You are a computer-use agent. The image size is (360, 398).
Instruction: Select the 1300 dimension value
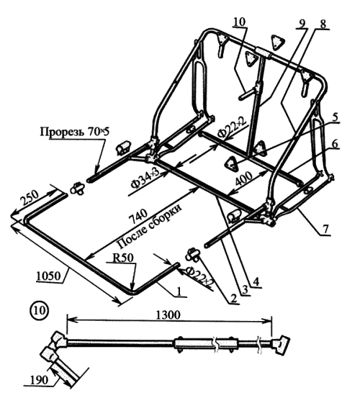click(168, 315)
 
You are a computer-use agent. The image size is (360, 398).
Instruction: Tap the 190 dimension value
click(39, 380)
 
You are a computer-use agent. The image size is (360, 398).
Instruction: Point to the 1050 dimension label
click(49, 276)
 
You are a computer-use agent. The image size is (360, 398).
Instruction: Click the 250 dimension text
click(30, 197)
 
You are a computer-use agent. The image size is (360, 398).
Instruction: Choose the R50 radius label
click(122, 258)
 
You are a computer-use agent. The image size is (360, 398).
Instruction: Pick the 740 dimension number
click(138, 216)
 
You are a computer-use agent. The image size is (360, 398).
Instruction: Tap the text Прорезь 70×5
click(74, 132)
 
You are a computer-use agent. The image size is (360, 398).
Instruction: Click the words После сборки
click(150, 227)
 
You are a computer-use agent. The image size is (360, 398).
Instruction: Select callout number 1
click(179, 291)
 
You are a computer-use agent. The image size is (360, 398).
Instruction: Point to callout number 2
click(233, 298)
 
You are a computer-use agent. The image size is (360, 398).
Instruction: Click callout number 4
click(256, 281)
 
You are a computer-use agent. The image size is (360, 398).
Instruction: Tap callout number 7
click(325, 229)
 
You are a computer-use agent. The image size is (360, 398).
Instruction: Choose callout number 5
click(335, 117)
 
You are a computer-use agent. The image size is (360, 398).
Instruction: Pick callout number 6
click(335, 144)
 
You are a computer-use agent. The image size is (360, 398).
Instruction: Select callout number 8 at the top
click(323, 24)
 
